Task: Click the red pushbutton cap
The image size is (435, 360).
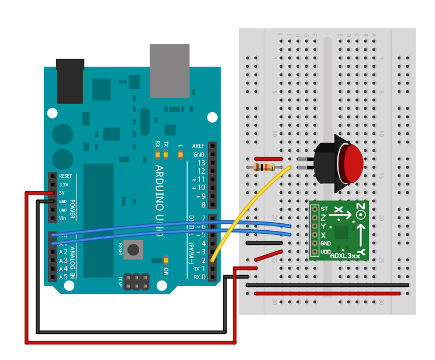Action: click(x=353, y=163)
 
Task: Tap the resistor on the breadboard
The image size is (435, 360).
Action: click(x=265, y=167)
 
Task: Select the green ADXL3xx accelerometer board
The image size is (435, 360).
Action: click(x=339, y=231)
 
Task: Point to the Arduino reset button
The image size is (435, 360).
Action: click(x=133, y=250)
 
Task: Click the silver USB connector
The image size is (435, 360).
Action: click(x=170, y=70)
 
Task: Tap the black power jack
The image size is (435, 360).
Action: click(x=70, y=82)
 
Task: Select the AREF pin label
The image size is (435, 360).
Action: click(x=198, y=146)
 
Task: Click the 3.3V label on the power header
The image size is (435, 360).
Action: click(x=64, y=184)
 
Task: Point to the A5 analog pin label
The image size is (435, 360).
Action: click(x=63, y=277)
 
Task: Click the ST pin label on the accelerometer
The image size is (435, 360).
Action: click(x=323, y=209)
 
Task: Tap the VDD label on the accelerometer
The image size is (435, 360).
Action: click(x=325, y=251)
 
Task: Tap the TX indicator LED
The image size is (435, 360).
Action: click(x=166, y=154)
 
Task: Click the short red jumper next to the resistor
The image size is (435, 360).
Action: click(x=268, y=158)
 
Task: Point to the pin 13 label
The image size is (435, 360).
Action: click(x=201, y=162)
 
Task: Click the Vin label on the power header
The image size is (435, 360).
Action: click(x=63, y=218)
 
